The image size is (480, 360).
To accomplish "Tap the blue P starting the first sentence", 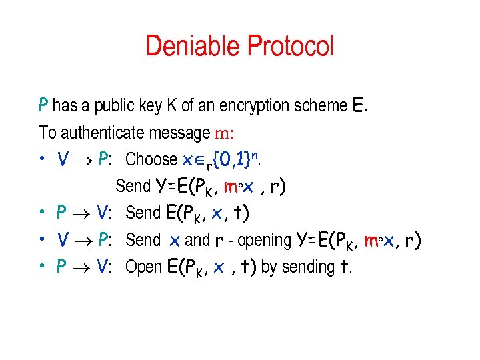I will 43,105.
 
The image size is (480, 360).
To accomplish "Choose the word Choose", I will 151,159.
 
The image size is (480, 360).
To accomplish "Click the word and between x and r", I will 197,240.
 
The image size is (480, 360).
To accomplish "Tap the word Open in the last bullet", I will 143,267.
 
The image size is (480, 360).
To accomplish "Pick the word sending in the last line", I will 308,267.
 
